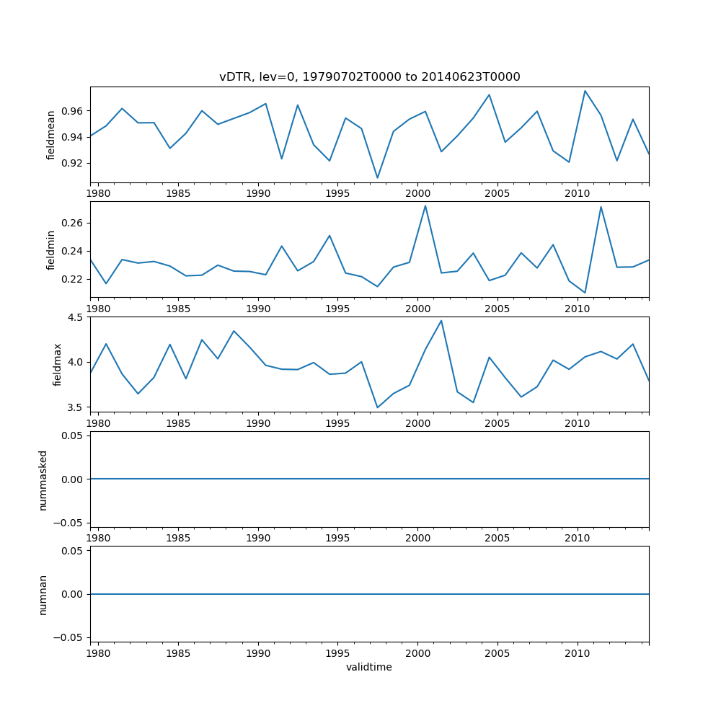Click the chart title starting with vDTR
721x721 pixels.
click(369, 77)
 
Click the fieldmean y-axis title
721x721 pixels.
click(51, 134)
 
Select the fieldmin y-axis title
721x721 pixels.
click(51, 249)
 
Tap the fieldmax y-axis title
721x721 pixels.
click(57, 365)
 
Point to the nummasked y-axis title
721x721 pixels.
click(43, 480)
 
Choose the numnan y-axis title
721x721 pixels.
click(43, 595)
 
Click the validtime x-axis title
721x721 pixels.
click(369, 667)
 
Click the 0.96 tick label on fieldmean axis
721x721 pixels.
click(71, 111)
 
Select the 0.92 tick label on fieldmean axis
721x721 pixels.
click(71, 163)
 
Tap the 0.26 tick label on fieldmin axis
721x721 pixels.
click(71, 223)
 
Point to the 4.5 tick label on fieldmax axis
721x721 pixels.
click(76, 317)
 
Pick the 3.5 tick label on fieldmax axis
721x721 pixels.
click(76, 407)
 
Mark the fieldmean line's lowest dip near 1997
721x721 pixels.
click(377, 177)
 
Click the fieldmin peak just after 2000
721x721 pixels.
click(425, 205)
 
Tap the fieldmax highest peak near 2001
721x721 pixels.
click(441, 321)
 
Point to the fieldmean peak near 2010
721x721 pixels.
click(585, 91)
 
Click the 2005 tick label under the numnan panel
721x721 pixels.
click(497, 653)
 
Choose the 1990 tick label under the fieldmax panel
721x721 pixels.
click(258, 423)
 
